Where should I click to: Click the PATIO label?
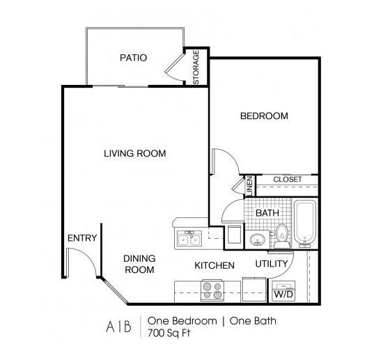pos(133,58)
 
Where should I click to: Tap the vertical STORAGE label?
pos(196,68)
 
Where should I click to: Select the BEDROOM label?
pos(264,116)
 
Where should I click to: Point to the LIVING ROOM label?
pos(135,154)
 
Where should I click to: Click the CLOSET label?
pos(288,180)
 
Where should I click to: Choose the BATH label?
pos(267,213)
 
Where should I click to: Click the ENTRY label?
pos(82,238)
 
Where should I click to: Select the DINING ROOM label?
pos(139,264)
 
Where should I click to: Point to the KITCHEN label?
pos(214,265)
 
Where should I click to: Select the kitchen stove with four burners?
pos(212,289)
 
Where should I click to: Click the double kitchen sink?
pos(189,239)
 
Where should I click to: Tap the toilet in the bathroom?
pos(282,235)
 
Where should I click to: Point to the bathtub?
pos(305,224)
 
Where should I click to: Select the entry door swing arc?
pos(89,263)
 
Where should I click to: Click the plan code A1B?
pos(112,325)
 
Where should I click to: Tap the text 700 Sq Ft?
pos(170,332)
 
